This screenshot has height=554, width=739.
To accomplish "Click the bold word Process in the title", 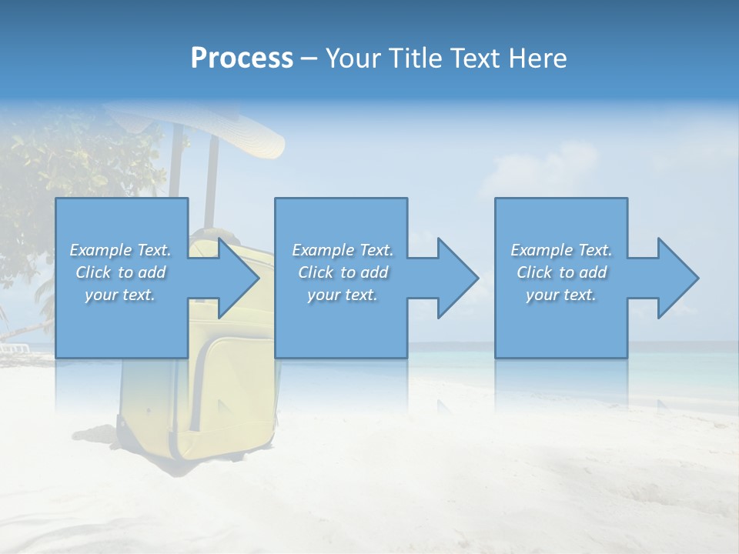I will click(x=242, y=58).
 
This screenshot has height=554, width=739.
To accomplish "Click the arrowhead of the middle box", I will click(x=455, y=278).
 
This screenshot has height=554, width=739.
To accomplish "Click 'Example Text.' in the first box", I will click(x=120, y=250).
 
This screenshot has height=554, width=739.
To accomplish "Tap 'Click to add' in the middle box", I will click(x=343, y=272).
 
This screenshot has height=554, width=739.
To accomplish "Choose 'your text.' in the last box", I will click(x=561, y=295).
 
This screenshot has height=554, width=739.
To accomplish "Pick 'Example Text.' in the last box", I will click(x=561, y=250).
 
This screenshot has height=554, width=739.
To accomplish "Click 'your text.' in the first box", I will click(x=120, y=295).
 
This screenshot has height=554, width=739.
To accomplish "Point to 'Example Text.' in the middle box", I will click(x=343, y=250).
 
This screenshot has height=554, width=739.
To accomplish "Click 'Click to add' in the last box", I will click(x=561, y=272).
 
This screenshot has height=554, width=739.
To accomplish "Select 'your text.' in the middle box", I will click(x=343, y=295).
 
